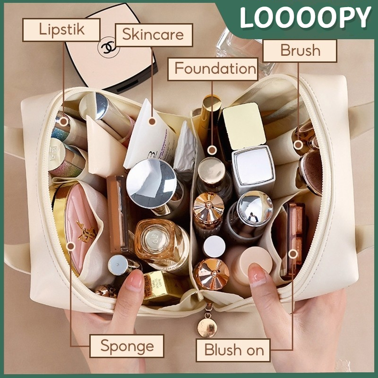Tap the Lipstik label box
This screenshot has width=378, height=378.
62,30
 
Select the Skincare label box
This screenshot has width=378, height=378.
154,34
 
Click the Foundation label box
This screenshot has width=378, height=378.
215,69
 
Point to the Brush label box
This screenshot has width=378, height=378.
300,51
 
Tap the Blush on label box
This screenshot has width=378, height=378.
233,351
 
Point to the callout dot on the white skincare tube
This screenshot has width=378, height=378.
152,121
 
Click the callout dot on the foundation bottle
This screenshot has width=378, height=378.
212,150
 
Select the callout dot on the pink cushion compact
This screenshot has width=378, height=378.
71,246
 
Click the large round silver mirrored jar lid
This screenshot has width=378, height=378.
152,182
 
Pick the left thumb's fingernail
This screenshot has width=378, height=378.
135,282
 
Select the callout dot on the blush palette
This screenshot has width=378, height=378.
293,254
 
